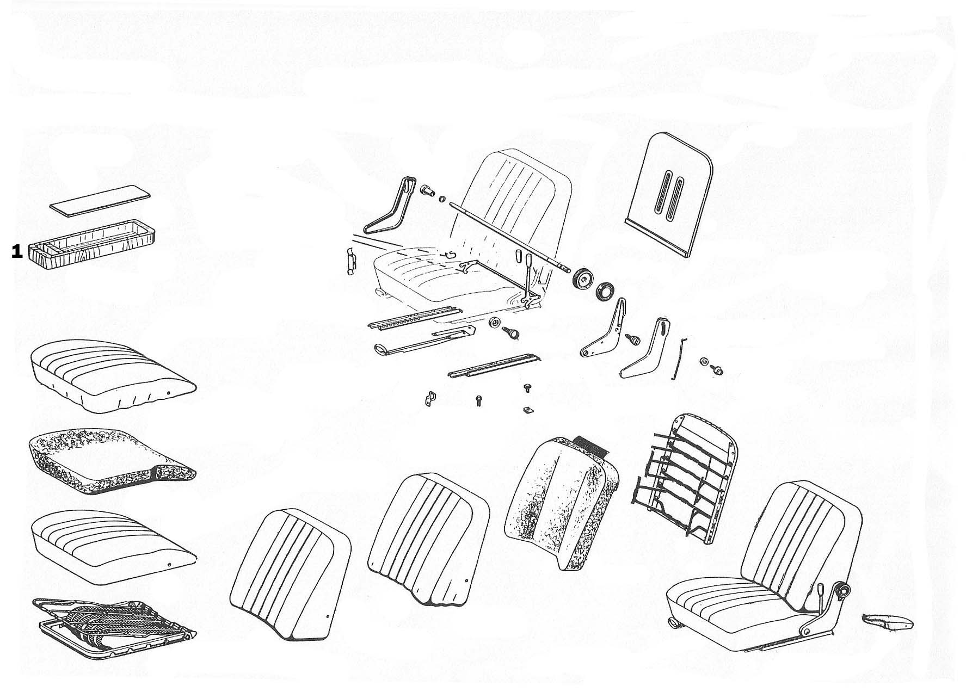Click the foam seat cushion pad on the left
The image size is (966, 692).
coord(109,462)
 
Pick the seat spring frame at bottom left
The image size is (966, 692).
coord(113,627)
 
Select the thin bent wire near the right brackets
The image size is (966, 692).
coord(679,359)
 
